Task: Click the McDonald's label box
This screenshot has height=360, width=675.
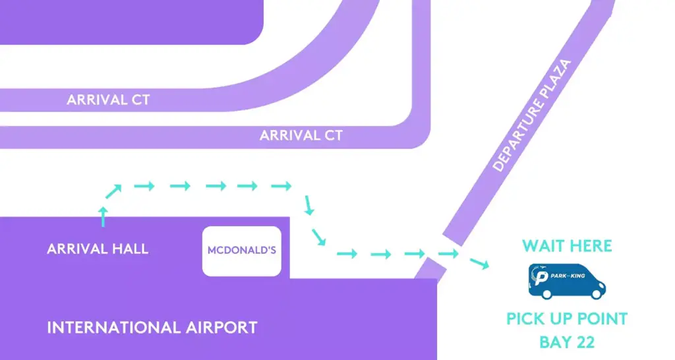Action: [241, 251]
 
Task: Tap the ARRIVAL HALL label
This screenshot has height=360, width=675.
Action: [98, 249]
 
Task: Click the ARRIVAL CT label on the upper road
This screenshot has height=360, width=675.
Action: [108, 100]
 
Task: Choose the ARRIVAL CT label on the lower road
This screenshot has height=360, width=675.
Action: [301, 135]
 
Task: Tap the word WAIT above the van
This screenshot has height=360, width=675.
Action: [545, 247]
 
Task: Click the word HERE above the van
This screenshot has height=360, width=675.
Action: [591, 247]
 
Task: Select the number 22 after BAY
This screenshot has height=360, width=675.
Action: [583, 343]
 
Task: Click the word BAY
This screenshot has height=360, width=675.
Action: [554, 343]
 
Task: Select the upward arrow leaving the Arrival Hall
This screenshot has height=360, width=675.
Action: [103, 216]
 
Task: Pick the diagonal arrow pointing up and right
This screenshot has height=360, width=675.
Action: [113, 191]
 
